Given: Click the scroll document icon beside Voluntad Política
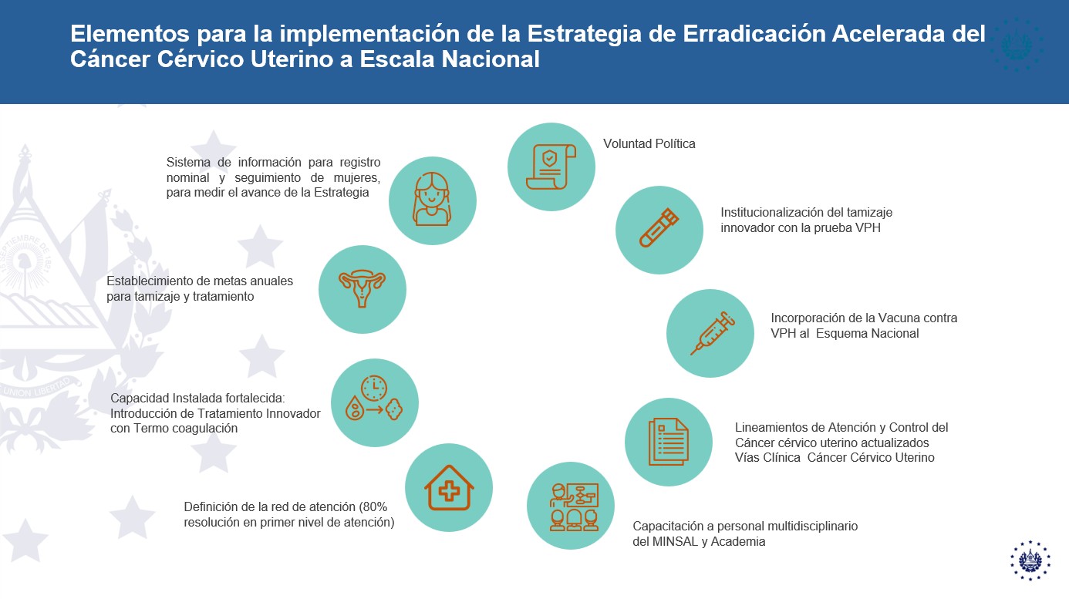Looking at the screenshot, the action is [x=551, y=167].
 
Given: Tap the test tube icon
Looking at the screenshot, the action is [x=659, y=228].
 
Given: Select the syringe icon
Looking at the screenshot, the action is [x=712, y=333].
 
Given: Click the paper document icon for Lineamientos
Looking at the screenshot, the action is [x=668, y=442].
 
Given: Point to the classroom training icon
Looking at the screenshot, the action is [x=574, y=506].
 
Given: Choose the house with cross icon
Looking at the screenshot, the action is [x=449, y=488].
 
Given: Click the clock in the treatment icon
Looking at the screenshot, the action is [x=374, y=389].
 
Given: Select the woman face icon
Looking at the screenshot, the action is [x=432, y=199].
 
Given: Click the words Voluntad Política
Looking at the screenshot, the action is [x=649, y=143].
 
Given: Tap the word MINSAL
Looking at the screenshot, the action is [x=676, y=541].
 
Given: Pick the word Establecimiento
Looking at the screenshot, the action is [x=150, y=281].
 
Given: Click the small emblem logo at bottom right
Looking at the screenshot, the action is [x=1030, y=560].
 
